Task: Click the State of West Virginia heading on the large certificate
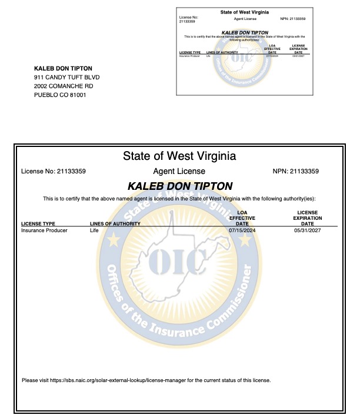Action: tap(179, 156)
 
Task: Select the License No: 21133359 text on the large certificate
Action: tap(54, 172)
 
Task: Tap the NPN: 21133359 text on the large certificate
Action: tap(296, 172)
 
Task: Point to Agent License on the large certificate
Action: tap(179, 172)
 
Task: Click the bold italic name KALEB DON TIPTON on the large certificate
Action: tap(179, 186)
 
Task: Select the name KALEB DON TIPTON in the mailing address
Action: tap(64, 68)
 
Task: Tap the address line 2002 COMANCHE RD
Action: tap(64, 86)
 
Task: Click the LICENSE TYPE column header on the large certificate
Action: tap(38, 224)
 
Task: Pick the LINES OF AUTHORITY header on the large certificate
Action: tap(115, 224)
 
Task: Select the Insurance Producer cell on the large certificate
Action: tap(44, 230)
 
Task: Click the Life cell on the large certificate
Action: tap(94, 230)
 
